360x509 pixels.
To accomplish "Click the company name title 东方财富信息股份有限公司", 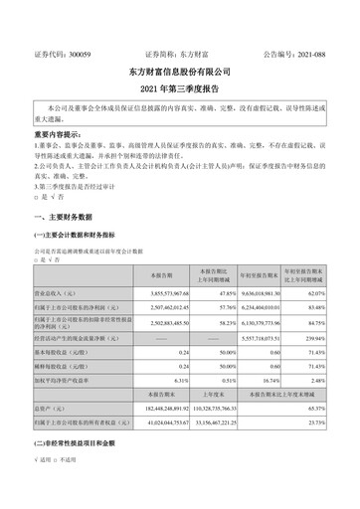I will click(180, 73).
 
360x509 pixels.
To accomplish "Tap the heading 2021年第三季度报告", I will click(180, 90).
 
